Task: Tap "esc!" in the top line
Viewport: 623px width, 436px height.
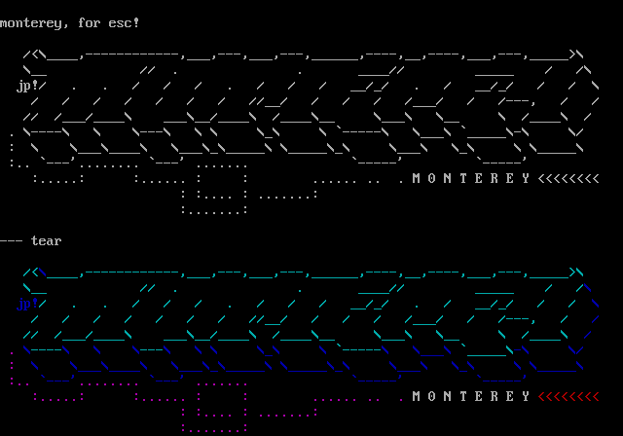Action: tap(125, 22)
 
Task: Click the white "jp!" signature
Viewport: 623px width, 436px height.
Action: tap(27, 86)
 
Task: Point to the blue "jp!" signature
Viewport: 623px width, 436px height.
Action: tap(27, 305)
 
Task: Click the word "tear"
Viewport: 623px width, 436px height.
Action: tap(47, 240)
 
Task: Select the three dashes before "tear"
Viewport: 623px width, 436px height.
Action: tap(12, 240)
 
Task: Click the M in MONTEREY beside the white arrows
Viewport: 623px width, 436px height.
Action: tap(417, 178)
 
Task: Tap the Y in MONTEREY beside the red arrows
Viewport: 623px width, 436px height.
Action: tap(526, 396)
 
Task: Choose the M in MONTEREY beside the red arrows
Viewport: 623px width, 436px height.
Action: tap(417, 396)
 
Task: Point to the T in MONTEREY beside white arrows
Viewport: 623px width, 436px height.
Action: tap(463, 178)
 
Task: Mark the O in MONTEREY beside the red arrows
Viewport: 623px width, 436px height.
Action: tap(432, 396)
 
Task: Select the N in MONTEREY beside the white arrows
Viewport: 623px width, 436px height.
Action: tap(448, 178)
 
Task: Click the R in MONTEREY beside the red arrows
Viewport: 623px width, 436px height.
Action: tap(495, 396)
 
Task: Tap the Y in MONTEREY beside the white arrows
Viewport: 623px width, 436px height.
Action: tap(526, 178)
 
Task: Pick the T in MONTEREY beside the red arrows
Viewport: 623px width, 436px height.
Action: tap(463, 396)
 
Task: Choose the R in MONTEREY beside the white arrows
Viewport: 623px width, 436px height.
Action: tap(495, 178)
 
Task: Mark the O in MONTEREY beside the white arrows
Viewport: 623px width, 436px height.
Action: tap(432, 178)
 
